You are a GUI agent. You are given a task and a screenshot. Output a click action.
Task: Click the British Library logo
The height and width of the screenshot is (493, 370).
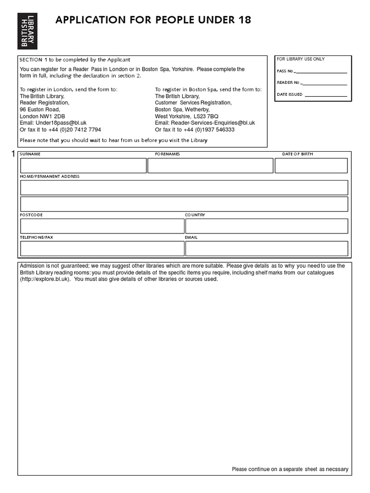tap(27, 30)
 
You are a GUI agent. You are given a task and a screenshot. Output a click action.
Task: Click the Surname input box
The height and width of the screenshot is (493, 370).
tap(83, 166)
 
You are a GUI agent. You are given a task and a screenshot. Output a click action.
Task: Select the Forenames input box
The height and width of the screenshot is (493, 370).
tap(210, 166)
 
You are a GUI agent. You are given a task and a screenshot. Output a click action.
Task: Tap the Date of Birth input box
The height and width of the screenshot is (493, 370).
tap(311, 166)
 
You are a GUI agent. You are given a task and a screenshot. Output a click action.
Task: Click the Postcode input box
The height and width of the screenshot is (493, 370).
tap(102, 226)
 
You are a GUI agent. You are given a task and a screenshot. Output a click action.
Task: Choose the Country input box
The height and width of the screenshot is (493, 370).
tap(266, 226)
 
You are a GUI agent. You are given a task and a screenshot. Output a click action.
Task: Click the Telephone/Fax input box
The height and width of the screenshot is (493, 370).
tap(102, 248)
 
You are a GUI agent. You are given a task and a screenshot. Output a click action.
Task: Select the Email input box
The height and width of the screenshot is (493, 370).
tap(266, 248)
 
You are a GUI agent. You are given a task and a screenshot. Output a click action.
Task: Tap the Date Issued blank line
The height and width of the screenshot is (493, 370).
tap(326, 95)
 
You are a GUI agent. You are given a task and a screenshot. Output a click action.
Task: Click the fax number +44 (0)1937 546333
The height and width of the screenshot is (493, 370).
tap(208, 130)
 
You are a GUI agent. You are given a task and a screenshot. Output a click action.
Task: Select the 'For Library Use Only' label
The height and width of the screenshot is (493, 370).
tap(301, 59)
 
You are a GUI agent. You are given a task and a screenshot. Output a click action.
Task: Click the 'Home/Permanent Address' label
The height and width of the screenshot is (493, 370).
tap(50, 177)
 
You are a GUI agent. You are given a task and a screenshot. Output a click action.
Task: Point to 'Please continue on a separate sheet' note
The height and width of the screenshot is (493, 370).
tap(290, 469)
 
